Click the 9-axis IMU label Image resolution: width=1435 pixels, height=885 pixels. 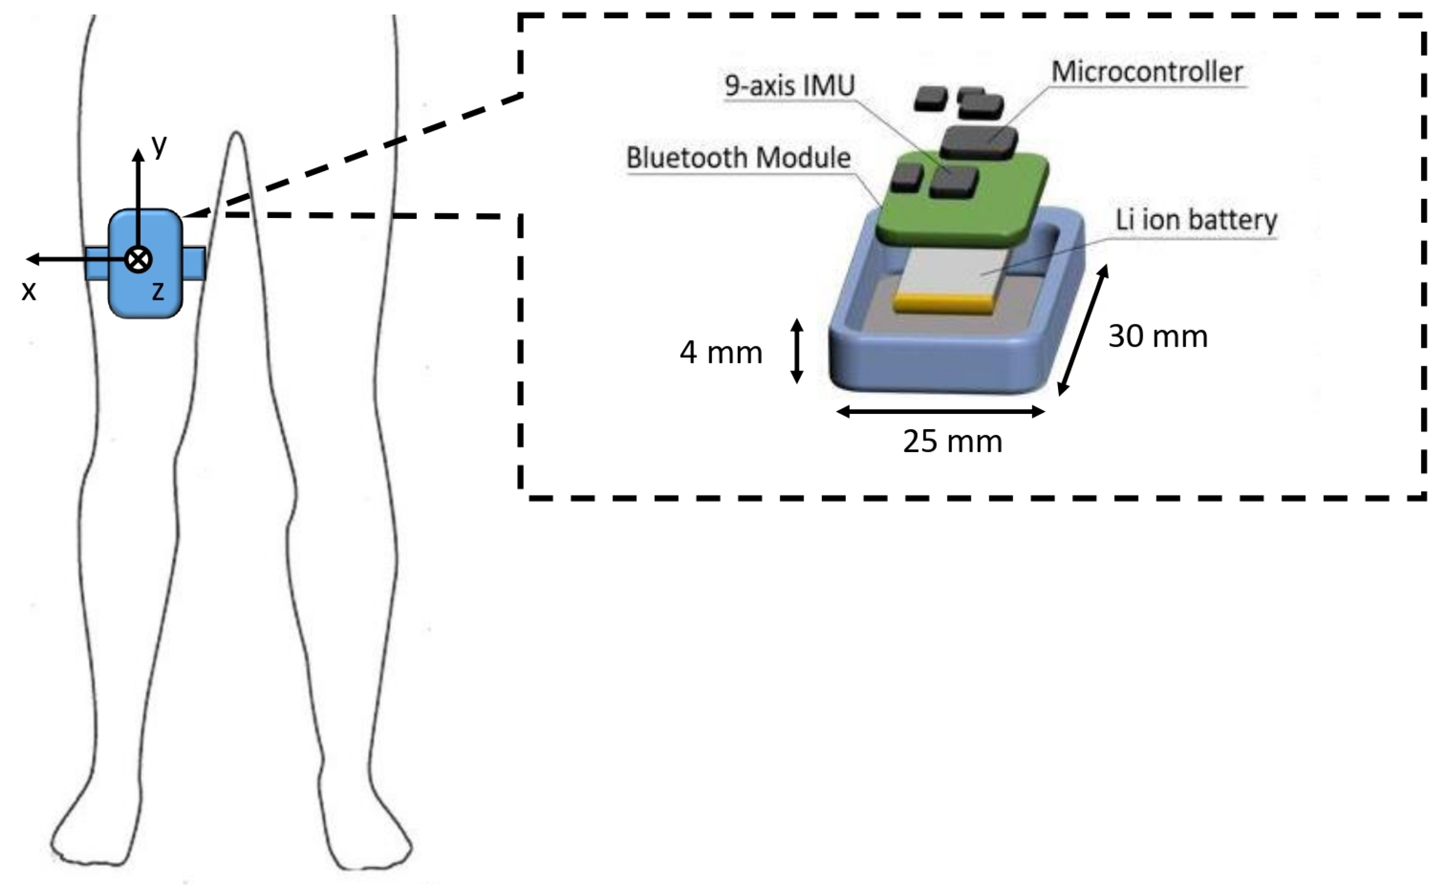click(789, 85)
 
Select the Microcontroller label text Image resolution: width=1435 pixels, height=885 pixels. click(1146, 72)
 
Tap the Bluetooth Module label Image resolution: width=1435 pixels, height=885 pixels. click(737, 158)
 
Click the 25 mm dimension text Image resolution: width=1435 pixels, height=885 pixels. click(952, 441)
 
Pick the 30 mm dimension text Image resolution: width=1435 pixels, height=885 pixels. click(1157, 336)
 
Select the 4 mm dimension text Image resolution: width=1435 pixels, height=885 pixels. click(721, 353)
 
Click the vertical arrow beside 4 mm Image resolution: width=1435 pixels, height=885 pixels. click(796, 351)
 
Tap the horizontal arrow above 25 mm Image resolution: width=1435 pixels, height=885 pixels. click(940, 412)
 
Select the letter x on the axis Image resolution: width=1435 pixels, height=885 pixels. click(29, 290)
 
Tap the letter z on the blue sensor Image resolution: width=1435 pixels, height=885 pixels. click(158, 291)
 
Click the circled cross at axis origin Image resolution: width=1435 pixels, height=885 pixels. click(139, 259)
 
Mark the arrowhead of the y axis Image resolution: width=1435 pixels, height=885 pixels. click(138, 155)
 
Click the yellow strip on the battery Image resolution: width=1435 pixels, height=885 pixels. click(943, 304)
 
